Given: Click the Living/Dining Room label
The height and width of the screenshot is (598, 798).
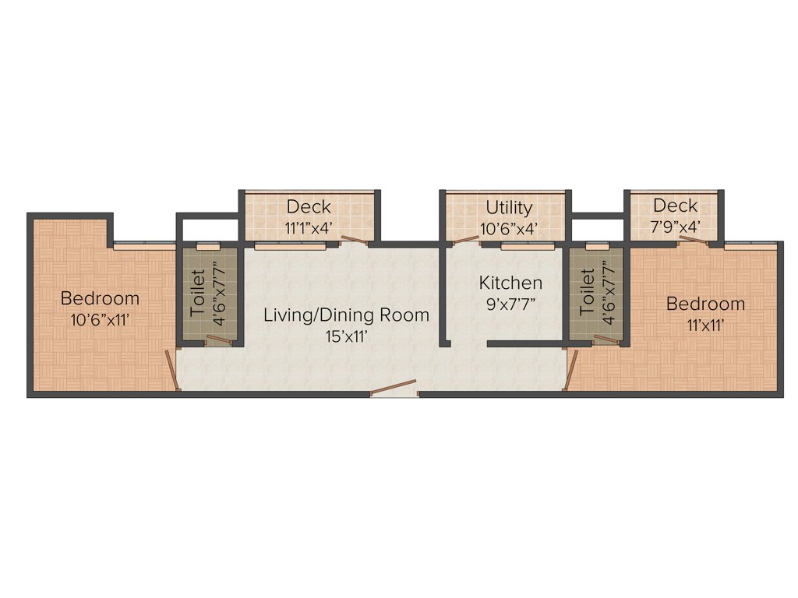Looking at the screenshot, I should coord(346,315).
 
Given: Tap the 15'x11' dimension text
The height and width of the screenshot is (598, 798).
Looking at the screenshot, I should coord(346,336).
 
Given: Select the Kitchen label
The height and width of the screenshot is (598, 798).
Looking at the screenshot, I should coord(510,283).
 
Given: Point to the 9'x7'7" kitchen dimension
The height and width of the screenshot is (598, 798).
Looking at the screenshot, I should coord(510,304).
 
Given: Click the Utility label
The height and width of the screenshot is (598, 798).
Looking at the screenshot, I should coord(510,207).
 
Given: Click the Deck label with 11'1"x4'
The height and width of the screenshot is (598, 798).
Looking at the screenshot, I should coord(309,207).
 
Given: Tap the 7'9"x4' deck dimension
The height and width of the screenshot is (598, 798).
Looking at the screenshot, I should coord(676,227).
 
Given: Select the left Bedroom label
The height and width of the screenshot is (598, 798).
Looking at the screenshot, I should coord(101,298).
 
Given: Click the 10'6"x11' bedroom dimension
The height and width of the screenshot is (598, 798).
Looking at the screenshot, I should coord(101,318).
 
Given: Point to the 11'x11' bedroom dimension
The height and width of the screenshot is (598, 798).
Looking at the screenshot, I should coord(705,325).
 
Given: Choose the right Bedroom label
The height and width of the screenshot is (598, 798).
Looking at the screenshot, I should coord(705,304).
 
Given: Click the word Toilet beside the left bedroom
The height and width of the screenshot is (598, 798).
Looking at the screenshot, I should coord(197,292).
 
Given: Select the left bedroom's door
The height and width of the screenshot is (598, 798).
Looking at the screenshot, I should coord(171,370).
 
